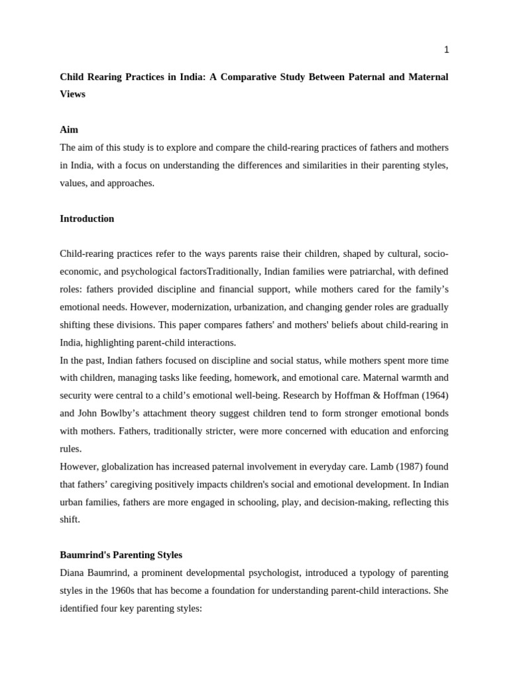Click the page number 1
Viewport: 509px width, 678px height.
coord(446,50)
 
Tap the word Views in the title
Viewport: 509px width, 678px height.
coord(73,94)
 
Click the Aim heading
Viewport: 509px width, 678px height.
coord(69,130)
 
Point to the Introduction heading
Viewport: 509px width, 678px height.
coord(87,218)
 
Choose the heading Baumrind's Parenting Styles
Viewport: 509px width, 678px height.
coord(121,555)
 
